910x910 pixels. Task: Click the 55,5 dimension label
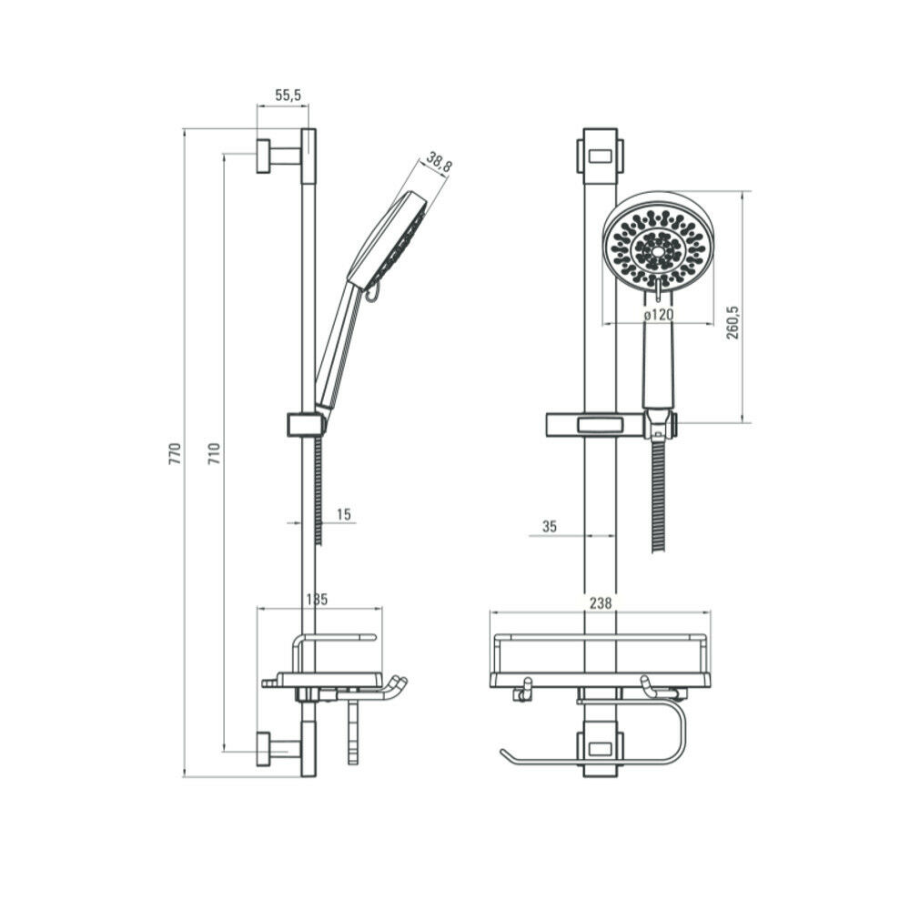(x=288, y=96)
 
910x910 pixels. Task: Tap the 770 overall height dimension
(x=176, y=453)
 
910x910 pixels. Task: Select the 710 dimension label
(x=215, y=453)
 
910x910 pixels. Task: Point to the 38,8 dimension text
(x=439, y=162)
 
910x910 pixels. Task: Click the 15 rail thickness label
(x=344, y=514)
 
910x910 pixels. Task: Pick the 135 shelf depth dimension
(x=317, y=599)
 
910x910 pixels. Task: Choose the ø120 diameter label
(x=659, y=315)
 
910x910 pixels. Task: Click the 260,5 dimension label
(x=733, y=322)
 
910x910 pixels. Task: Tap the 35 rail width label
(x=549, y=526)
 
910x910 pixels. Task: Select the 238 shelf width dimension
(x=601, y=603)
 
